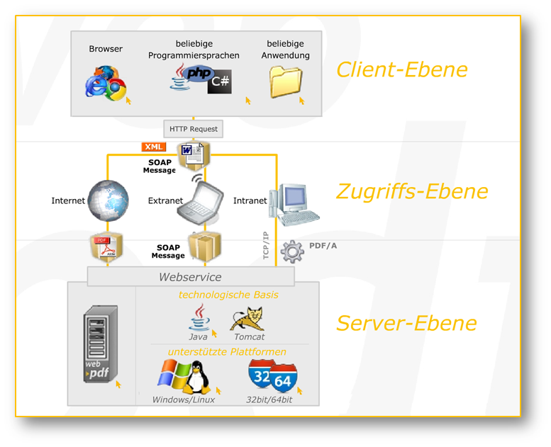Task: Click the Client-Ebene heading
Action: click(401, 69)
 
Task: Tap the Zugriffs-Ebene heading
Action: click(411, 191)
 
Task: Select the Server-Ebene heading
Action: click(406, 323)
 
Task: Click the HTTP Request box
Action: click(194, 129)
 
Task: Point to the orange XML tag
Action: click(153, 147)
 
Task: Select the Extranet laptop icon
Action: click(199, 201)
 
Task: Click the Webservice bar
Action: click(190, 277)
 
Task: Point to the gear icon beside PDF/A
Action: click(292, 251)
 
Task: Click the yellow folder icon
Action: click(285, 82)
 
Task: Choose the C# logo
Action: click(220, 83)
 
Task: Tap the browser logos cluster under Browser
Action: click(106, 82)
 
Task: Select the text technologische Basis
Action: click(228, 295)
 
